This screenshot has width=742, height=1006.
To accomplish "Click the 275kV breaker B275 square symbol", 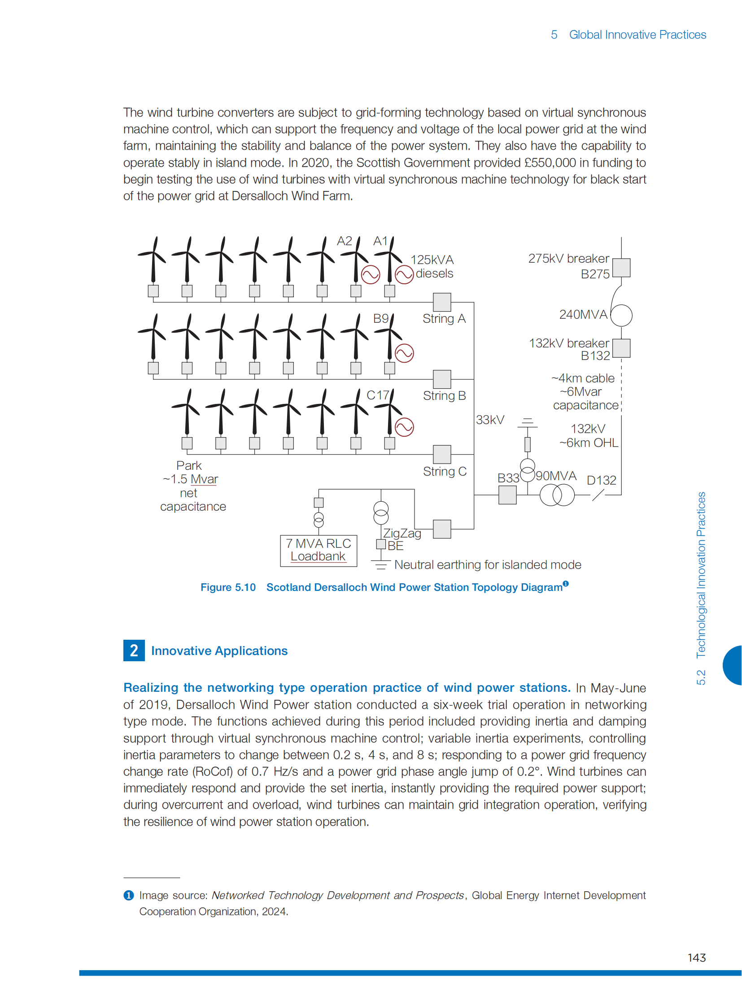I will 621,268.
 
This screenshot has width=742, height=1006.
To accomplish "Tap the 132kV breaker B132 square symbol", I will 621,348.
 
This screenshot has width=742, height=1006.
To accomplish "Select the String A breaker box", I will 442,302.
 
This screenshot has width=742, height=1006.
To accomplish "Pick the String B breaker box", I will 442,379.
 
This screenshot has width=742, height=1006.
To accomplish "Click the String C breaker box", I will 442,454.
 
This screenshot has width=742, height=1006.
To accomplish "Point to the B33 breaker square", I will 507,495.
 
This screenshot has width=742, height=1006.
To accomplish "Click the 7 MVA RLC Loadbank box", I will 319,551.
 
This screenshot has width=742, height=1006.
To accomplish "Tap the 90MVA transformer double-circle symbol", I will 557,495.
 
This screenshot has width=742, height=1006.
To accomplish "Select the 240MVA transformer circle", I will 622,315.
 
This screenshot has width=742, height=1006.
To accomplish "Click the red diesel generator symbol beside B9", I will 404,353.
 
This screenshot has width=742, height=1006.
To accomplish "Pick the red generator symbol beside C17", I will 404,427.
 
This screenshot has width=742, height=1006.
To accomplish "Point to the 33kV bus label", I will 490,420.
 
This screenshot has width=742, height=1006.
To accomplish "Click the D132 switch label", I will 602,480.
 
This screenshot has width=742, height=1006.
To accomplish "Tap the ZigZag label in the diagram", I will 402,533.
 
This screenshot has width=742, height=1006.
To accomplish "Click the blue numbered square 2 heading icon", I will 134,650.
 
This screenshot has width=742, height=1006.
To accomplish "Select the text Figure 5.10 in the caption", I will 228,587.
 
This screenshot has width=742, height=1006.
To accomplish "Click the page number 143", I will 697,958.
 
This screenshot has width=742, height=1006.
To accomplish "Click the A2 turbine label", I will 345,241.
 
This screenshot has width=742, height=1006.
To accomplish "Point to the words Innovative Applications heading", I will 219,650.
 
